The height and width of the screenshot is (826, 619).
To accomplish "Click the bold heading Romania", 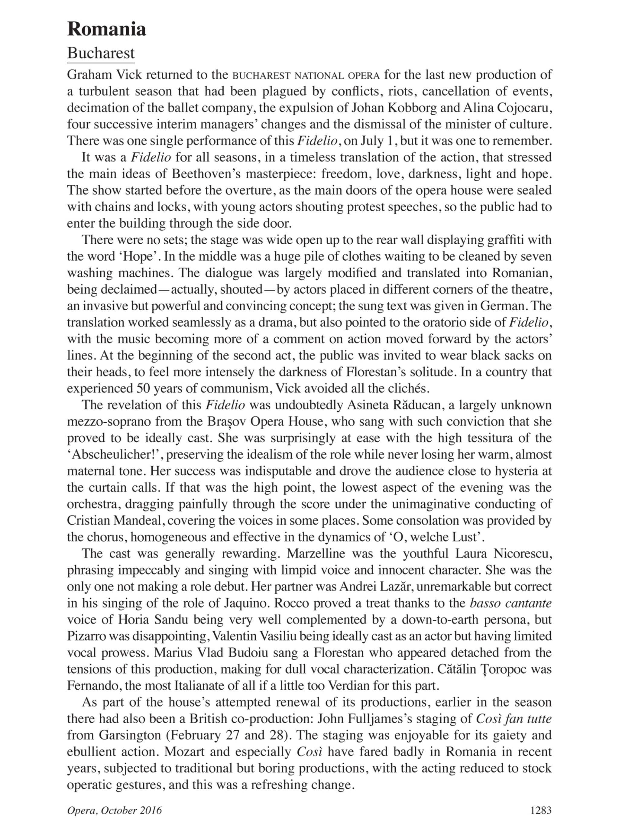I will pos(106,29).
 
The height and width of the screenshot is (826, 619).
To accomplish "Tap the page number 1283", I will pos(541,810).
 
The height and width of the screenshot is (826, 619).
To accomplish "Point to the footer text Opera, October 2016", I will pos(114,810).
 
